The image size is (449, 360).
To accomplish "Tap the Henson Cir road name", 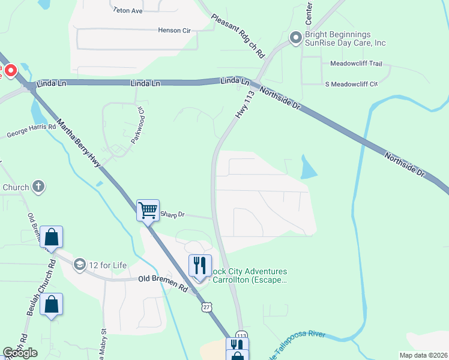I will (x=173, y=31).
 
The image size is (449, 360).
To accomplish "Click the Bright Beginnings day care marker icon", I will (x=295, y=38).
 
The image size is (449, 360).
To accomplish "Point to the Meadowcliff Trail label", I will (x=356, y=63).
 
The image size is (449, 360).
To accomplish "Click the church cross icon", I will (x=38, y=187).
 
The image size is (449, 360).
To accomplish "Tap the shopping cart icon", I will (x=148, y=211).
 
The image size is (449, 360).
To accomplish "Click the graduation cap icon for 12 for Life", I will (x=79, y=265).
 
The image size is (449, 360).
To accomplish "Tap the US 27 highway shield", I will (x=206, y=307).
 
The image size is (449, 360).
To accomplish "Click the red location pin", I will (x=11, y=70).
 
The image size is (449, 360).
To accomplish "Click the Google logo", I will (x=20, y=352).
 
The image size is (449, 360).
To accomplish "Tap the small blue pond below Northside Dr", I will (x=308, y=167).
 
